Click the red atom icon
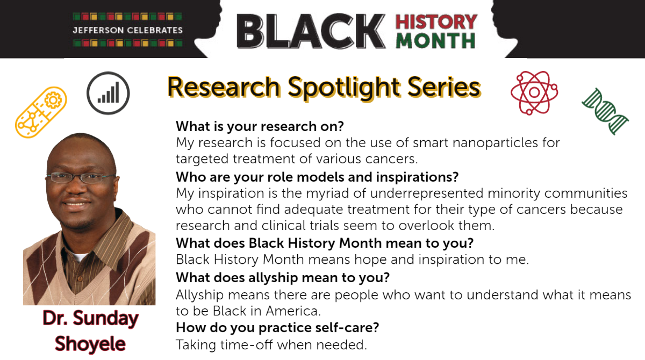pyautogui.click(x=534, y=92)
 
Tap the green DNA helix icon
pyautogui.click(x=605, y=112)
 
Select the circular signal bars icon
pyautogui.click(x=108, y=93)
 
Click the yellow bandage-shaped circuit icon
pyautogui.click(x=41, y=112)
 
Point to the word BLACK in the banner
pyautogui.click(x=311, y=31)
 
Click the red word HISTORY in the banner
pyautogui.click(x=436, y=21)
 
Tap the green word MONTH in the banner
pyautogui.click(x=436, y=41)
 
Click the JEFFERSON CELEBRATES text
pyautogui.click(x=127, y=30)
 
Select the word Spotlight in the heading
pyautogui.click(x=344, y=88)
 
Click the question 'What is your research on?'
pyautogui.click(x=260, y=126)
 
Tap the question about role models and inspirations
pyautogui.click(x=317, y=177)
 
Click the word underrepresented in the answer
pyautogui.click(x=427, y=193)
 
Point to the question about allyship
pyautogui.click(x=283, y=278)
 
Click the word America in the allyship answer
pyautogui.click(x=293, y=311)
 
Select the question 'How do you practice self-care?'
pyautogui.click(x=277, y=328)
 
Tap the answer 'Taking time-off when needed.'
pyautogui.click(x=271, y=345)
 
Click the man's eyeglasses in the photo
pyautogui.click(x=80, y=177)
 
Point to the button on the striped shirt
pyautogui.click(x=81, y=279)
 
